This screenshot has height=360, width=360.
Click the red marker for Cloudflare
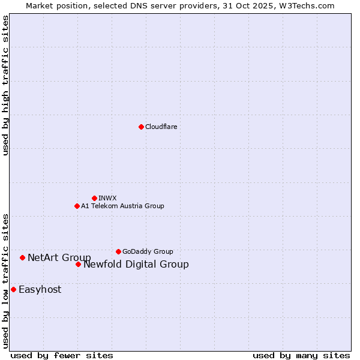tap(141, 127)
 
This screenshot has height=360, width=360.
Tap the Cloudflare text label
tap(161, 127)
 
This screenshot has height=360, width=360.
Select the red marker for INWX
tap(94, 198)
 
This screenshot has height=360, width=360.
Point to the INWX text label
tap(107, 198)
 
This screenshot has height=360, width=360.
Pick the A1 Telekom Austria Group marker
tap(77, 206)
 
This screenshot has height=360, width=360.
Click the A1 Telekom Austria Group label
tap(122, 206)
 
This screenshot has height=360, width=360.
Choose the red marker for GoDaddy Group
tap(118, 251)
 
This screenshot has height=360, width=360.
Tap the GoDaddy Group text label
tap(147, 251)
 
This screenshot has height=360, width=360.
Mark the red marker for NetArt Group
tap(22, 257)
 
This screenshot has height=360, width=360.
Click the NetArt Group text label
tap(59, 258)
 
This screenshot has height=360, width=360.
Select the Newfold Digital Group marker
tap(78, 264)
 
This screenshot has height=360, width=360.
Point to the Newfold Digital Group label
tap(136, 265)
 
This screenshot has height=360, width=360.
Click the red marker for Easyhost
tap(13, 289)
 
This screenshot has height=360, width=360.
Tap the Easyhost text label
tap(40, 290)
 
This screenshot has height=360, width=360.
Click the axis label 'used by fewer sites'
tap(62, 355)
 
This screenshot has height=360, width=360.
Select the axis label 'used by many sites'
tap(301, 355)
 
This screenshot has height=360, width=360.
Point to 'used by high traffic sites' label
tap(6, 85)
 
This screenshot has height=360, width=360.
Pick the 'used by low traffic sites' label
tap(6, 280)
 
